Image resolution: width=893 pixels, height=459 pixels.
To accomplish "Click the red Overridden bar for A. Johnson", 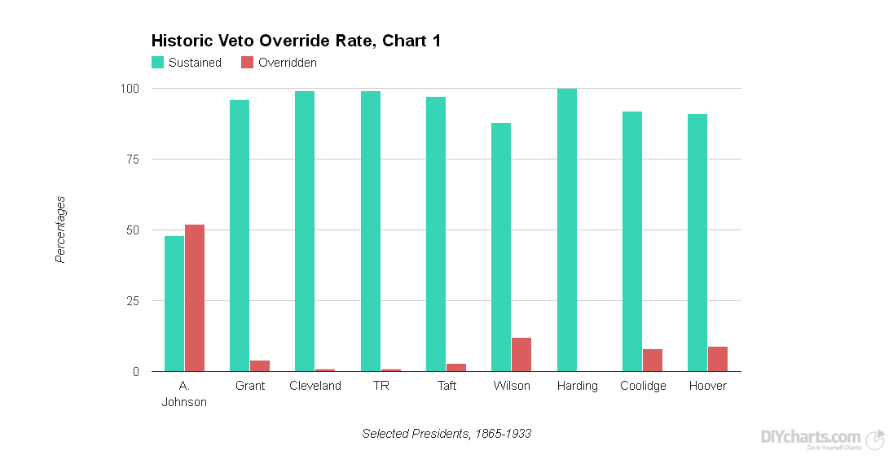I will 195,298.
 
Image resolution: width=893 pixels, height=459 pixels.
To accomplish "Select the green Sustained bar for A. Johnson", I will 174,304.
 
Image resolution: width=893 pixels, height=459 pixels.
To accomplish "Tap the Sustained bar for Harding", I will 567,230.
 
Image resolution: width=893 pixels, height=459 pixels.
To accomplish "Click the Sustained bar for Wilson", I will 501,247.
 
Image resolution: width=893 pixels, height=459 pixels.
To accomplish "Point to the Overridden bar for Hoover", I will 718,359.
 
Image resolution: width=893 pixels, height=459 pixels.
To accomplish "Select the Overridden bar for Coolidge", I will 653,361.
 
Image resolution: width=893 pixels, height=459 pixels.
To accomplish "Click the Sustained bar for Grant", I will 240,236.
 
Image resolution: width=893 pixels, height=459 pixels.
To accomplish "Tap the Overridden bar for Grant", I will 260,366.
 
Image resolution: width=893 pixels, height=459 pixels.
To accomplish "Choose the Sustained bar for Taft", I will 436,234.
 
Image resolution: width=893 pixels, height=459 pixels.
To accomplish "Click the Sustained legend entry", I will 187,63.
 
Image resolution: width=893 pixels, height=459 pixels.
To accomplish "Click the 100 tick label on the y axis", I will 130,88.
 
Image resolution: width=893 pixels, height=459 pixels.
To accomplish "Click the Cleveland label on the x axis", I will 315,386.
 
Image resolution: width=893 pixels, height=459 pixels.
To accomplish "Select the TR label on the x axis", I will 381,386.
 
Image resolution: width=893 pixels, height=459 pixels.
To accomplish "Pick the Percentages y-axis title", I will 60,229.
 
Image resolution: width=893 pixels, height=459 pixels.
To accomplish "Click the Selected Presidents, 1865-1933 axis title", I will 446,434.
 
